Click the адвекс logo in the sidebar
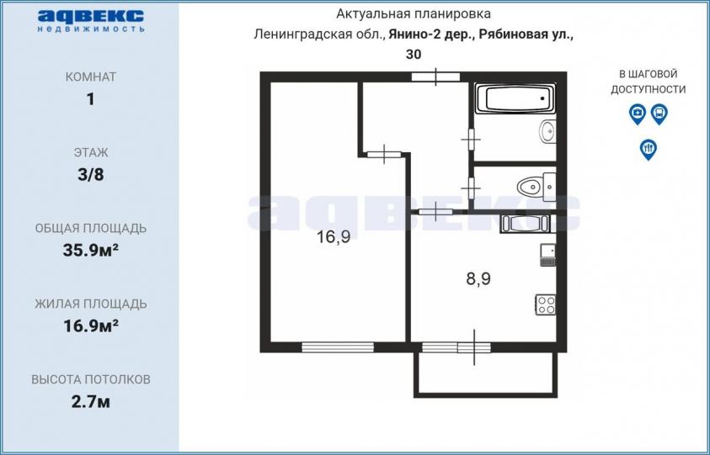coord(91,21)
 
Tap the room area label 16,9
coord(334,236)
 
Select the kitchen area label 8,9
coord(478,278)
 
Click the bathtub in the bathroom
coord(515,98)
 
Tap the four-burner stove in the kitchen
coord(546,304)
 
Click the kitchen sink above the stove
coord(548,255)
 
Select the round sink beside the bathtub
coord(547,131)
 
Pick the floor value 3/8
coord(91,175)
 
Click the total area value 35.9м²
coord(91,250)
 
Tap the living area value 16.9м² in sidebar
coord(91,325)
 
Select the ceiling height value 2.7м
coord(91,402)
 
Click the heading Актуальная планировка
coord(413,14)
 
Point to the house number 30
coord(414,55)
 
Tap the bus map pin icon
coord(659,114)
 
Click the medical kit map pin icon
coord(637,114)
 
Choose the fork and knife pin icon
coord(648,149)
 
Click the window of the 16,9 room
coord(338,347)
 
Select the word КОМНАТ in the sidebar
coord(91,77)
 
